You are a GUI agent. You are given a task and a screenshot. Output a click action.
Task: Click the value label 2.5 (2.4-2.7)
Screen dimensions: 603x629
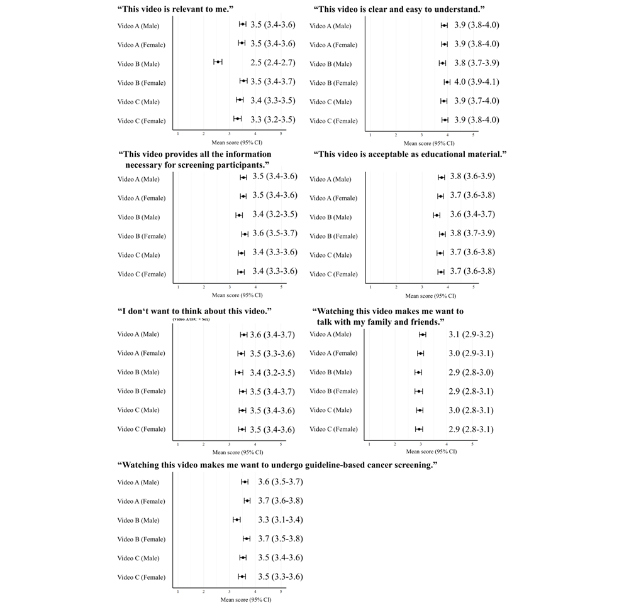[x=272, y=63]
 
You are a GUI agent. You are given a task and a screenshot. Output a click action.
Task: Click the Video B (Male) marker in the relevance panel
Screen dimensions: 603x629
[x=218, y=61]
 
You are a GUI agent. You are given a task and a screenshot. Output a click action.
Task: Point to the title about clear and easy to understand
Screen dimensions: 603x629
[x=402, y=9]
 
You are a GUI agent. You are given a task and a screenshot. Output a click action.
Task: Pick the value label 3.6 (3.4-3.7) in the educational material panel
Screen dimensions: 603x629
[x=472, y=214]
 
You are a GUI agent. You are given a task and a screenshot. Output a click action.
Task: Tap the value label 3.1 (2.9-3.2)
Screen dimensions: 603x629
[x=471, y=334]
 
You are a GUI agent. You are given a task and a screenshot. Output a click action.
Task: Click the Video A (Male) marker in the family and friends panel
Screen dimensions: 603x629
[x=423, y=335]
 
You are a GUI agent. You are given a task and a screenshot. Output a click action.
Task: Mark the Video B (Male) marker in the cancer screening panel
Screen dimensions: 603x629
[x=237, y=519]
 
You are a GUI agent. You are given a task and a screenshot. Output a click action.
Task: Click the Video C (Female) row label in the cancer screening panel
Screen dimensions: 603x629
[x=141, y=577]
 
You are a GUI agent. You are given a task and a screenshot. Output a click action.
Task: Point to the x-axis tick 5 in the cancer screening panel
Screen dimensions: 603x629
[x=281, y=592]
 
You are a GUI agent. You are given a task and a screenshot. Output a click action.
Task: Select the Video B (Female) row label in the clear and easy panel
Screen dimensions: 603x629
[x=333, y=83]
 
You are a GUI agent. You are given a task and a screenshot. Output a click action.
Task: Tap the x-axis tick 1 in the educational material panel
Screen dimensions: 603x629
[x=370, y=287]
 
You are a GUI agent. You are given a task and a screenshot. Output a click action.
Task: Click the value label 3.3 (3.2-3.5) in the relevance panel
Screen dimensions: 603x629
[x=272, y=119]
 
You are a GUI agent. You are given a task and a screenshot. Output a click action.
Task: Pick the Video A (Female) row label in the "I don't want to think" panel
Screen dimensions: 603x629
[x=141, y=354]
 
